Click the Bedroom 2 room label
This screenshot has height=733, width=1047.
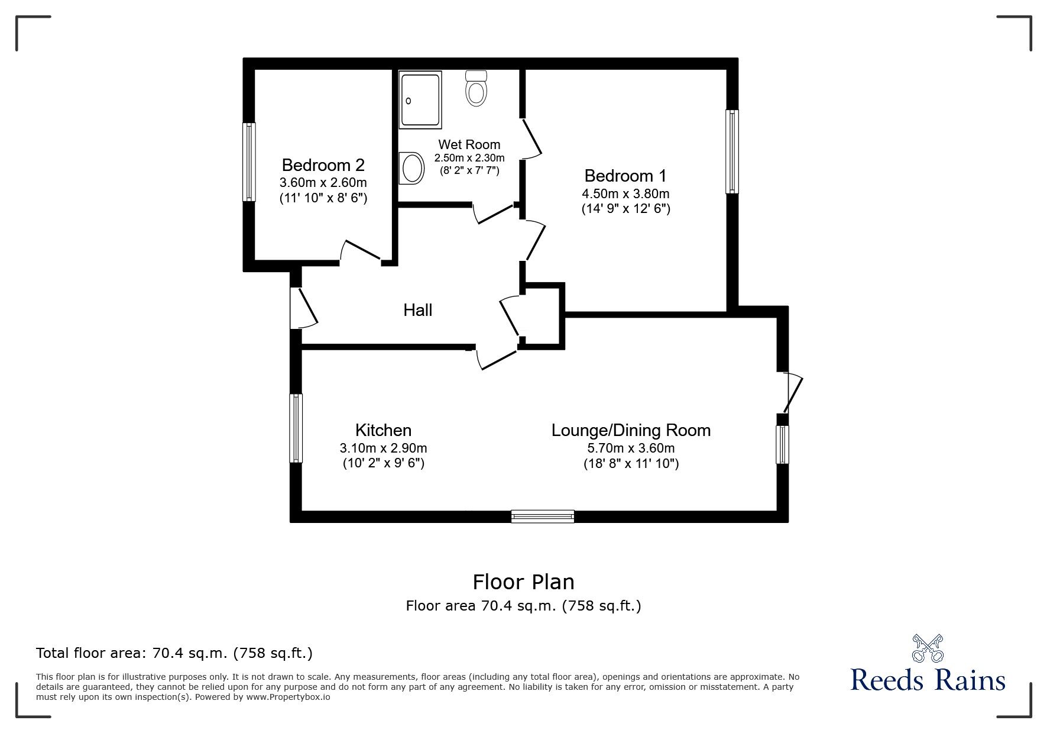click(323, 164)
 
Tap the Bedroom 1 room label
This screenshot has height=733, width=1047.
click(625, 176)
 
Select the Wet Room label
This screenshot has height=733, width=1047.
click(469, 144)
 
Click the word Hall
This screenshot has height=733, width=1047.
click(417, 310)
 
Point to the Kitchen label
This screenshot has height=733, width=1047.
click(383, 430)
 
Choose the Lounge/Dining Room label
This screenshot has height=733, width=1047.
click(630, 430)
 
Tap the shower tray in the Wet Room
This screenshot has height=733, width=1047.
click(420, 99)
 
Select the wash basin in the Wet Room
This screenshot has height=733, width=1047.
click(412, 168)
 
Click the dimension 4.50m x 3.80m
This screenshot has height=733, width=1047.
click(625, 193)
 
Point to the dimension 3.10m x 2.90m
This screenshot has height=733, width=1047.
click(383, 448)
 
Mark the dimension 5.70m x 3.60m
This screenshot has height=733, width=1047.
click(630, 448)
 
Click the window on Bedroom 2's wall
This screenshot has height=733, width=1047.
click(249, 162)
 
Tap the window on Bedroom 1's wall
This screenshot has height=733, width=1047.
click(732, 151)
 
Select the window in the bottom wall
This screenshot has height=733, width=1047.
click(543, 516)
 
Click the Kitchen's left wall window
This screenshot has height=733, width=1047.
click(296, 428)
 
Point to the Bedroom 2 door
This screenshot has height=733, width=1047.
click(360, 251)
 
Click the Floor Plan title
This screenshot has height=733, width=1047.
click(523, 582)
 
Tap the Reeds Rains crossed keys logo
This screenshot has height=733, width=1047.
click(928, 648)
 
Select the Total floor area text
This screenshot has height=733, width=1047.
click(174, 653)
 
